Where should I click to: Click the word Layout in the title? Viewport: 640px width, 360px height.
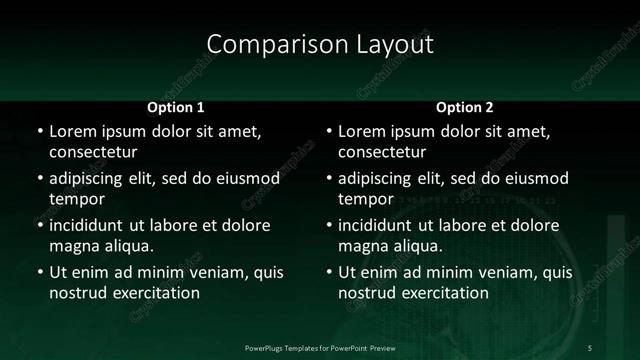(389, 44)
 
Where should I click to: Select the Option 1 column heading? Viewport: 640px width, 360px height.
(176, 106)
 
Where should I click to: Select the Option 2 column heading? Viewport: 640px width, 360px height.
(465, 106)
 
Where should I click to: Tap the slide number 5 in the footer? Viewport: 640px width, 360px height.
(589, 347)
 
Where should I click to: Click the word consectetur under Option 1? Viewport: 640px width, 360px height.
(93, 153)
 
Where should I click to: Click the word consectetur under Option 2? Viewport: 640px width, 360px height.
(382, 153)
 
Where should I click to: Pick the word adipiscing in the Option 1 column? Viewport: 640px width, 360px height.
(89, 178)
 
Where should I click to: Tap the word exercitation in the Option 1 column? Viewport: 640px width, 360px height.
(155, 293)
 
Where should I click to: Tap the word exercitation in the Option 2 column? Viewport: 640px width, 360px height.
(444, 293)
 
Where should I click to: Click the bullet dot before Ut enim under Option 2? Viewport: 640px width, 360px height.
(327, 272)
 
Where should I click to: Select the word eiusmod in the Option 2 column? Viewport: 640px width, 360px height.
(532, 178)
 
